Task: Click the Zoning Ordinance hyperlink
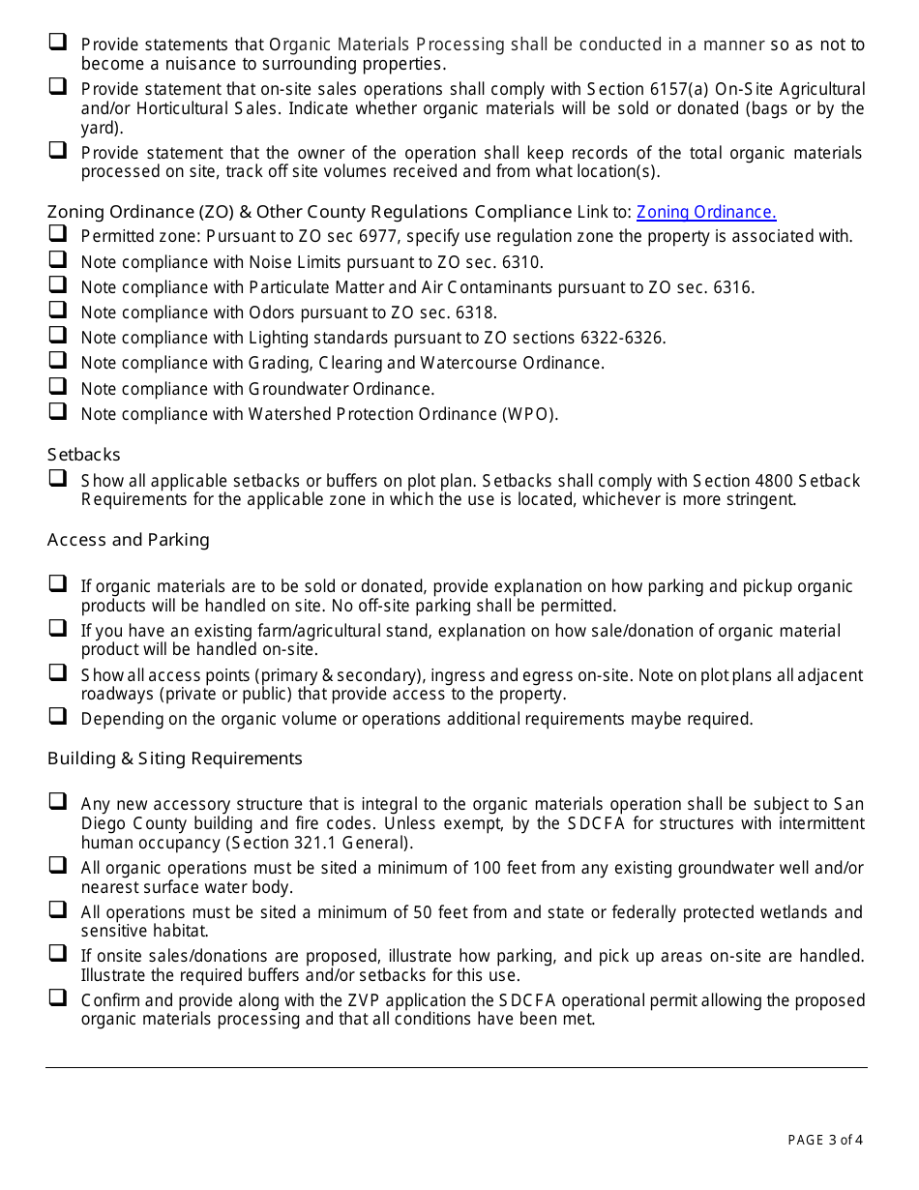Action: coord(706,212)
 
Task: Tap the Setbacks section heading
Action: coord(84,455)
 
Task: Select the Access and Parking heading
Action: coord(128,540)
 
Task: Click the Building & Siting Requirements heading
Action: coord(174,759)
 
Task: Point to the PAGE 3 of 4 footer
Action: coord(825,1140)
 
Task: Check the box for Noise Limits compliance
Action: coord(58,260)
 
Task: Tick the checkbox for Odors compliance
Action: coord(58,311)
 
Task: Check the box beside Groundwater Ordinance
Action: coord(58,387)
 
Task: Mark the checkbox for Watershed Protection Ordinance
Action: coord(58,412)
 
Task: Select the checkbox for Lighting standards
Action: coord(58,336)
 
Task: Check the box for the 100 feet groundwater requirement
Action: coord(58,866)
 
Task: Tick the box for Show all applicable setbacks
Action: coord(58,479)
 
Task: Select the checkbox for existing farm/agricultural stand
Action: coord(58,629)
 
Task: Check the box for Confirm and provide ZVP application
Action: coord(58,998)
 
